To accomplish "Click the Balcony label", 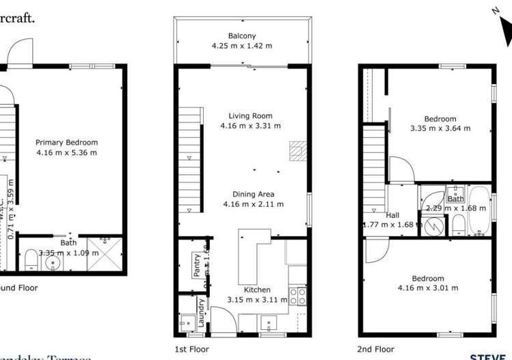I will pos(242,36).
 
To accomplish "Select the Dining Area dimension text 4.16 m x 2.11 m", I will pos(253,204).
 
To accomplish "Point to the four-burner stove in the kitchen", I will pos(298,296).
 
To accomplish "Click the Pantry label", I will pos(196,264).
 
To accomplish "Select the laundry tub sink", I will pos(186,322).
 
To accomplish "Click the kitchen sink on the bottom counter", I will pos(268,322).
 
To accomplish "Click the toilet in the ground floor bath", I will pos(31,260).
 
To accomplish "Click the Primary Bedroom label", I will pos(66,143).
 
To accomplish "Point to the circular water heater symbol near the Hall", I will pos(431,223).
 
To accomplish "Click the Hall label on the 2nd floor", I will pos(392,215).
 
